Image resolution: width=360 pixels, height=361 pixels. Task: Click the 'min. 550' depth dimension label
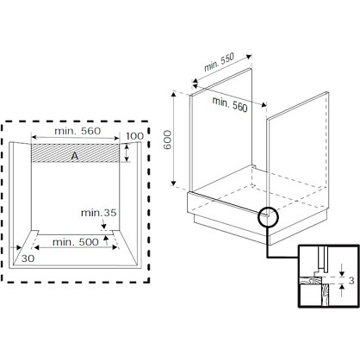click(219, 62)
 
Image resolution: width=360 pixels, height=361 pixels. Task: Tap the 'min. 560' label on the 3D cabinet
click(230, 104)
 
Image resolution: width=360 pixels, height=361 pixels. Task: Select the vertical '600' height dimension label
click(167, 140)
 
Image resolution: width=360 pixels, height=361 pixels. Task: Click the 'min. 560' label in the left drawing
click(78, 131)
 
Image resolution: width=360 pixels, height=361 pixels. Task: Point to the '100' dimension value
click(134, 136)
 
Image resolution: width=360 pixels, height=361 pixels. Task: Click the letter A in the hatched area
click(75, 156)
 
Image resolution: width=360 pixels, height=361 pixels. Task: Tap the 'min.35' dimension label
click(98, 213)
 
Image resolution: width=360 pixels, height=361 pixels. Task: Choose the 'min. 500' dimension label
click(76, 242)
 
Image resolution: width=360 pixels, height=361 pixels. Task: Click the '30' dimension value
click(28, 258)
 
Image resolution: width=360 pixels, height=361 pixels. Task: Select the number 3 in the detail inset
click(351, 280)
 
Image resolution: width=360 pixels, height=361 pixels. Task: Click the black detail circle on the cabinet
click(268, 217)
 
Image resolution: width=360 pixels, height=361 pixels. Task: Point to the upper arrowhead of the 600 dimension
click(173, 94)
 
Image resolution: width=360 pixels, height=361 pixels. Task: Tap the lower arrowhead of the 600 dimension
click(173, 183)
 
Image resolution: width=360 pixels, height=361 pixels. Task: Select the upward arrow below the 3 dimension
click(342, 290)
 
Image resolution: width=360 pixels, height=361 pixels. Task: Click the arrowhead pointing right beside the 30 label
click(19, 247)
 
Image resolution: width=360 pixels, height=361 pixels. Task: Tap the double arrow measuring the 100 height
click(127, 153)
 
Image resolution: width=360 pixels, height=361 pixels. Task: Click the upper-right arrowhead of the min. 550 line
click(249, 56)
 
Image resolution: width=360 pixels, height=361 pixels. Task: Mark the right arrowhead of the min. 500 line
click(115, 247)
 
